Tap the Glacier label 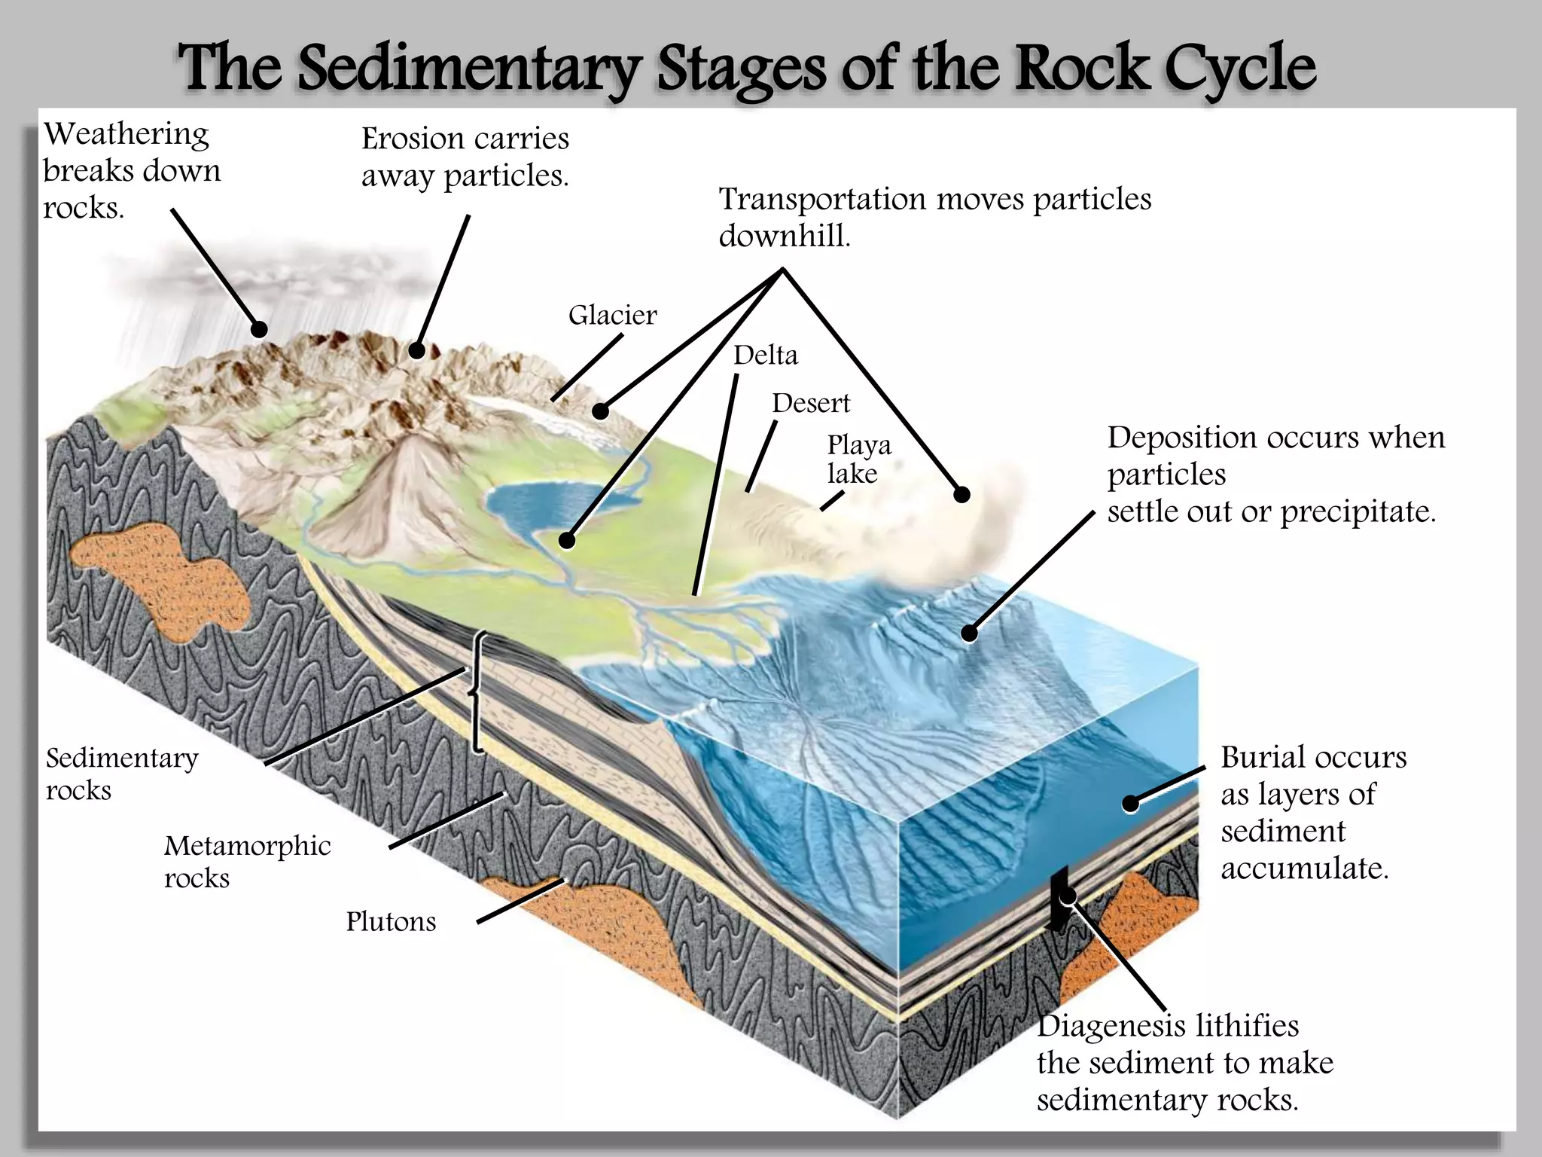[x=612, y=315]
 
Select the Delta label [x=765, y=355]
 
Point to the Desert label [x=810, y=403]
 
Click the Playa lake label [x=858, y=459]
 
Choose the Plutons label [x=391, y=921]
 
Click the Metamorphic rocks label [x=247, y=861]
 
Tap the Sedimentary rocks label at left [x=122, y=774]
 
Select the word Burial [x=1262, y=758]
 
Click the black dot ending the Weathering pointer [x=259, y=329]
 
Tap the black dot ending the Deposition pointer [x=969, y=633]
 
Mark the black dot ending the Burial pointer [x=1130, y=804]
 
